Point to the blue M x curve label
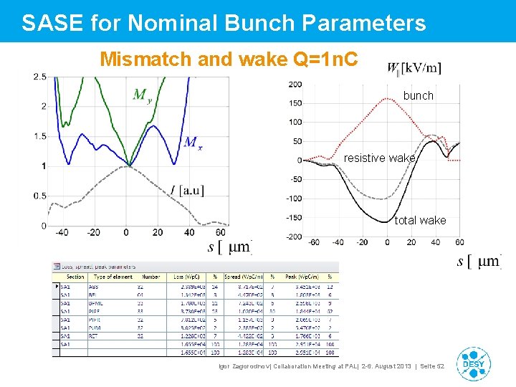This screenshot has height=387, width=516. (x=192, y=142)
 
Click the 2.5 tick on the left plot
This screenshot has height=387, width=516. (x=40, y=77)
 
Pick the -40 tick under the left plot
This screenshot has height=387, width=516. (x=62, y=232)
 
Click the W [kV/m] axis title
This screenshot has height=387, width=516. (x=414, y=69)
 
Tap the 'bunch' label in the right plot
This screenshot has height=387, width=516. (x=418, y=95)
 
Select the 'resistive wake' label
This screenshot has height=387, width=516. (x=379, y=158)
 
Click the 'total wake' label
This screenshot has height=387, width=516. (x=420, y=220)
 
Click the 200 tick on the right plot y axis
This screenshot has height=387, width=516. (x=295, y=84)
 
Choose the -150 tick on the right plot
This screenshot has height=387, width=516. (x=292, y=217)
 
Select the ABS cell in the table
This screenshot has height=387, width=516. (x=93, y=286)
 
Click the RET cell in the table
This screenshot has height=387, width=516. (x=93, y=336)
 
